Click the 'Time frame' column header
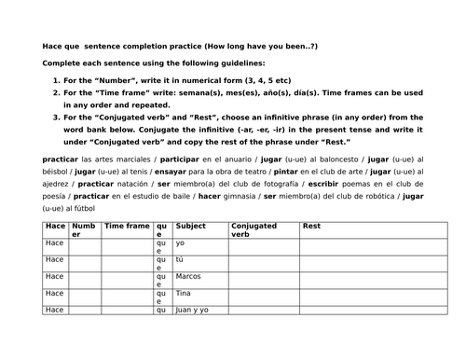126,226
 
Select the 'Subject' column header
190,226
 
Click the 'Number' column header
83,229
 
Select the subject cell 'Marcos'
189,276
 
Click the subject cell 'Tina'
184,293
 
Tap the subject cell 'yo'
180,242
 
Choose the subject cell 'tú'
180,259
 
